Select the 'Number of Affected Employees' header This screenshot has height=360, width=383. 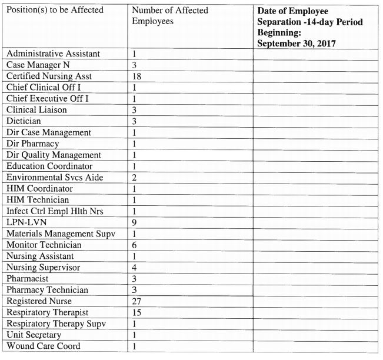169,16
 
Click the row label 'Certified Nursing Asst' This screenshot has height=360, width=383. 49,76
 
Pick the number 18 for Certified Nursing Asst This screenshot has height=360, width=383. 137,76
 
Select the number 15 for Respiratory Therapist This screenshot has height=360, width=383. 137,312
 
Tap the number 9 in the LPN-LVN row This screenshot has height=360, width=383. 135,222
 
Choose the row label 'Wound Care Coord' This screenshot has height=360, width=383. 43,346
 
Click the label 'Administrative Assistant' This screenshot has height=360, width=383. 53,54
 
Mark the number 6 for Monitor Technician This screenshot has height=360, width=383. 135,245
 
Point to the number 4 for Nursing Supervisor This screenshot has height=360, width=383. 135,267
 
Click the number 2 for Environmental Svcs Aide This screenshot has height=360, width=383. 135,177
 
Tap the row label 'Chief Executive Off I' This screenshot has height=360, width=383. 48,99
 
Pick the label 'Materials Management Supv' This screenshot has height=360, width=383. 61,234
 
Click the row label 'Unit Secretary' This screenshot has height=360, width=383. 34,335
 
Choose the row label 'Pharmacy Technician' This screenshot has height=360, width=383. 47,289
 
